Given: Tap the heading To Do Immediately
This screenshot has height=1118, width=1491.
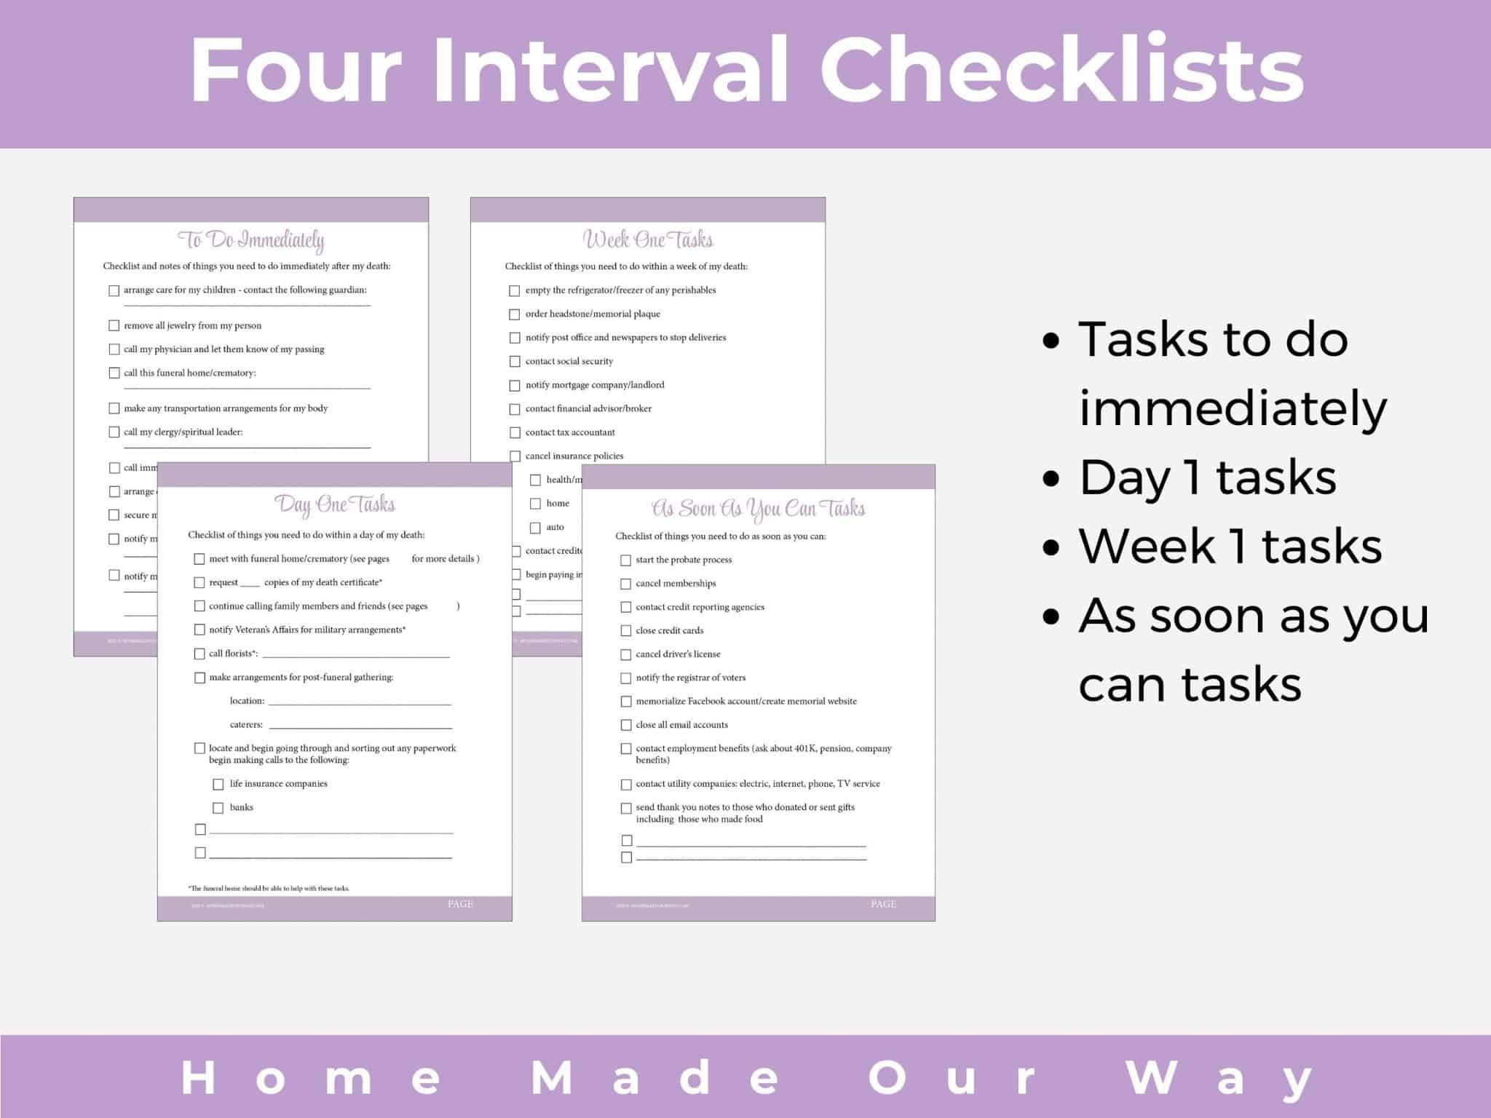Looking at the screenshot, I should coord(251,239).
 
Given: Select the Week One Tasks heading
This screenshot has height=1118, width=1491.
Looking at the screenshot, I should coord(648,239).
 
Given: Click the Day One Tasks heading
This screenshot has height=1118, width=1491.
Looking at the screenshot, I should coord(335,504).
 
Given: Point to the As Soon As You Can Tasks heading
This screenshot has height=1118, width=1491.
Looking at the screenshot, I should coord(758,508).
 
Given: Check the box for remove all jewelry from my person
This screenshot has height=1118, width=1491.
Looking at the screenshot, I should coord(114,325).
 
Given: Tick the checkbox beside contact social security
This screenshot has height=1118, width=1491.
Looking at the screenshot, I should coord(515,362).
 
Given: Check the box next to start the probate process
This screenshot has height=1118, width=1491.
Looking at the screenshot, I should coord(626,560).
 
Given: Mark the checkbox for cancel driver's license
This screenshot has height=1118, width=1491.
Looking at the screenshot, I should coord(626,654).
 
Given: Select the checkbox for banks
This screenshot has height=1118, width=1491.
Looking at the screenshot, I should coord(218,808).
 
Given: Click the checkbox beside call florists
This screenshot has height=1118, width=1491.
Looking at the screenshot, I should coord(199,654).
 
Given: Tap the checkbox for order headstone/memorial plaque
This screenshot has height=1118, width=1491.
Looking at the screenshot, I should coord(515,314).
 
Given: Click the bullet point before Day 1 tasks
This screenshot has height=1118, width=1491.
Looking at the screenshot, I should coord(1051,478).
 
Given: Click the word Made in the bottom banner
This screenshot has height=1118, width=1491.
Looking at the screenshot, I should coord(655,1077).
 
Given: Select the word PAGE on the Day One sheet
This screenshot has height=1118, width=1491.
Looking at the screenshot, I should coord(460,904).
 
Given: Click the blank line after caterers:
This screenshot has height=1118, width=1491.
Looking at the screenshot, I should coord(360,726).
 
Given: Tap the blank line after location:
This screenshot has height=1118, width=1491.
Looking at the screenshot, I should coord(360,702).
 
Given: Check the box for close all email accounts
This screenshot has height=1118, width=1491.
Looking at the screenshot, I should coord(626,725).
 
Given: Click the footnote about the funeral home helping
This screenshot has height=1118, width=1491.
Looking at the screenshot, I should coord(269,888).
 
